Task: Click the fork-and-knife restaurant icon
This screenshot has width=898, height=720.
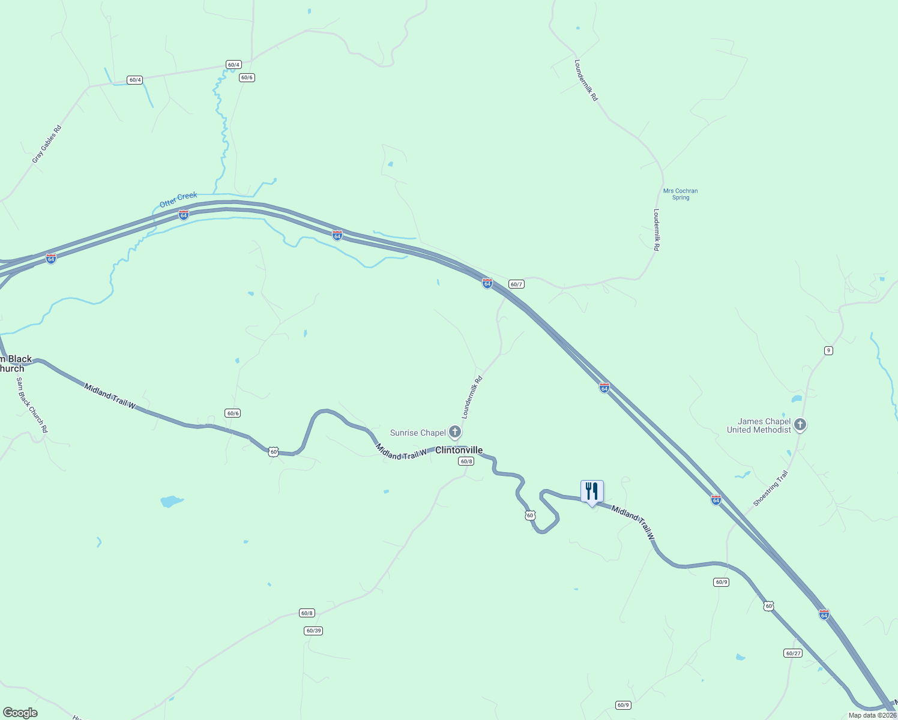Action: click(x=592, y=491)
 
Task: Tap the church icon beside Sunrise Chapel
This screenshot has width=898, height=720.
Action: click(x=455, y=431)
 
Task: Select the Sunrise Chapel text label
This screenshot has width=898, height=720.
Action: click(x=418, y=433)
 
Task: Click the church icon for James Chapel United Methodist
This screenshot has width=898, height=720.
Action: click(x=800, y=425)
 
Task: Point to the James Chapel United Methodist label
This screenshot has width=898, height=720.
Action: click(x=759, y=425)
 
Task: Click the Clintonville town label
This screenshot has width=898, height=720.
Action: click(x=459, y=450)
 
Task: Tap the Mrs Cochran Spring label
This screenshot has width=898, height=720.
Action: click(x=680, y=194)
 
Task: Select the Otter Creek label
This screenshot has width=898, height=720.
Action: click(x=178, y=200)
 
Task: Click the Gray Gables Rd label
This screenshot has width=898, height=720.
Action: click(x=47, y=144)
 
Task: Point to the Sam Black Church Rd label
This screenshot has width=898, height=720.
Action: click(x=32, y=404)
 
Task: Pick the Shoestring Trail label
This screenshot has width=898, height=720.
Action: click(x=770, y=488)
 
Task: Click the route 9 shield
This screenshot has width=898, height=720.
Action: click(x=828, y=350)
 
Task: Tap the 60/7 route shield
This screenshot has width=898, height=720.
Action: click(x=516, y=284)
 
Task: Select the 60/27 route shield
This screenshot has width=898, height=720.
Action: click(x=792, y=653)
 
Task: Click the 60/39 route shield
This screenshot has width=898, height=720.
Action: click(x=313, y=631)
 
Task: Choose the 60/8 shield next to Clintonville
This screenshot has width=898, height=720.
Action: click(x=466, y=461)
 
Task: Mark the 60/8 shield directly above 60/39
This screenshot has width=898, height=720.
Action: click(x=307, y=613)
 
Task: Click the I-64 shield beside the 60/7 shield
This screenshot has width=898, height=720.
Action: click(x=487, y=283)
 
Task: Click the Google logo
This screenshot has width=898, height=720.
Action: click(x=20, y=712)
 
